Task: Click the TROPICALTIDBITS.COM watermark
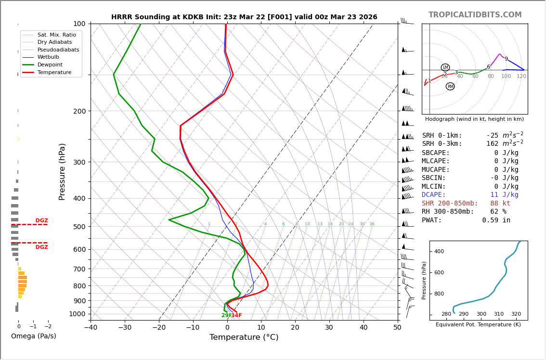[x=475, y=15]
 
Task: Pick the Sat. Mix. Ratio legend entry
[x=56, y=35]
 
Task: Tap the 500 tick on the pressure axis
[x=79, y=227]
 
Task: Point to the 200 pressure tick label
[x=79, y=111]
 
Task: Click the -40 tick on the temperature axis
[x=91, y=328]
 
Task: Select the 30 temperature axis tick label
[x=329, y=328]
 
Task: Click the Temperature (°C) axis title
[x=244, y=337]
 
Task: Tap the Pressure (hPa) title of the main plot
[x=62, y=171]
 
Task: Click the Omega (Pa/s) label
[x=33, y=336]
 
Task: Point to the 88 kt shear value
[x=500, y=204]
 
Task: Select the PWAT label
[x=432, y=220]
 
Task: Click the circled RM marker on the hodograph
[x=450, y=87]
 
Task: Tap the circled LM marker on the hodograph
[x=445, y=67]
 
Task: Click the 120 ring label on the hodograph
[x=521, y=77]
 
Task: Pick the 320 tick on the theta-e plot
[x=516, y=314]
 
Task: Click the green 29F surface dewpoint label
[x=226, y=316]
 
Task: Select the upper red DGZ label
[x=41, y=220]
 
